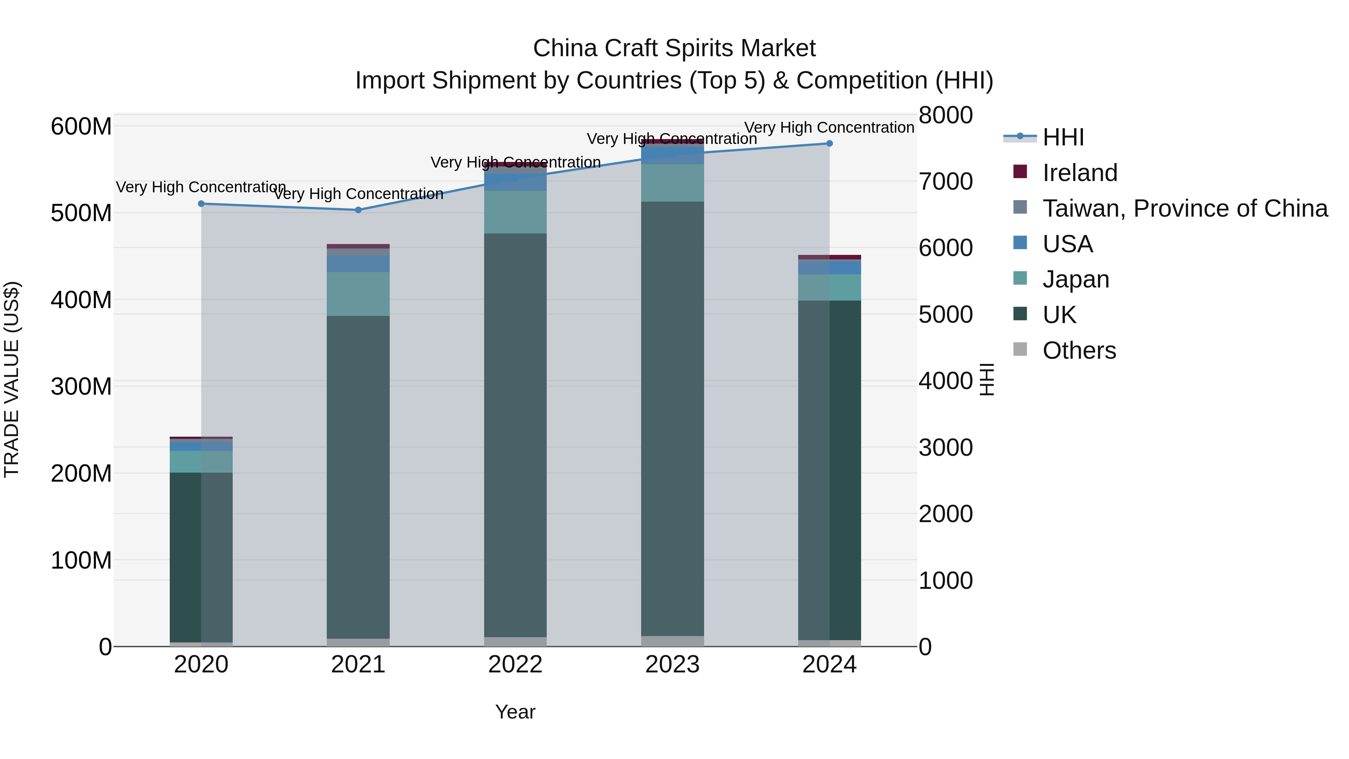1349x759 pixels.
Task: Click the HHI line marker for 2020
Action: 201,204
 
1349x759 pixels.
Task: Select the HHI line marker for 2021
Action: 358,210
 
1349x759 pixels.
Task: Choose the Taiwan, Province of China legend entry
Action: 1184,208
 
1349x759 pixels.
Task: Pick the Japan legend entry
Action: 1075,279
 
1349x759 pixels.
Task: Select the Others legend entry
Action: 1079,350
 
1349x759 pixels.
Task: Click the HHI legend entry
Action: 1063,137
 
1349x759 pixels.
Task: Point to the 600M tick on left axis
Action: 81,127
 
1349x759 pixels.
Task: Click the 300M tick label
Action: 81,386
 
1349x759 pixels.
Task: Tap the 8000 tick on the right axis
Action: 946,115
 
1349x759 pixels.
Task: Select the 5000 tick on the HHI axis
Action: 946,315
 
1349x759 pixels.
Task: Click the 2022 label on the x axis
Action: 515,665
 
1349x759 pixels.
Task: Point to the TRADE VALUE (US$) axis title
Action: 12,379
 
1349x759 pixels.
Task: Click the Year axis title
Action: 515,712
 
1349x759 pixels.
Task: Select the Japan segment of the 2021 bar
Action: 358,294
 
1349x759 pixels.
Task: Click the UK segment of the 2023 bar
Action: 672,419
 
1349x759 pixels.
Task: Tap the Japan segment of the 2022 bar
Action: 515,212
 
